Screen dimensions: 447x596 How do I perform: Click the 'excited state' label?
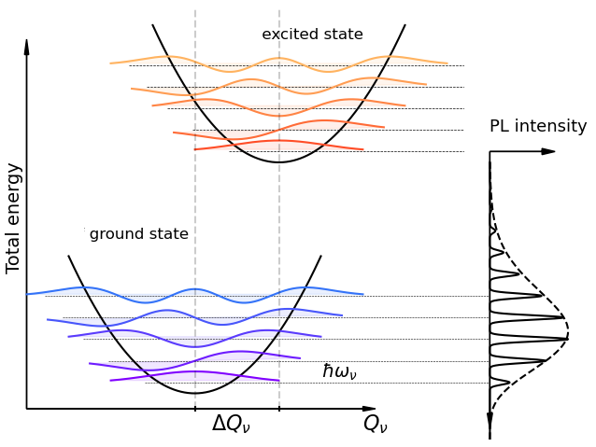tap(312, 35)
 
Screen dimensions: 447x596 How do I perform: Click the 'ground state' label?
tap(139, 234)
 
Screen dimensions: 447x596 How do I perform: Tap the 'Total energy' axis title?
tap(13, 217)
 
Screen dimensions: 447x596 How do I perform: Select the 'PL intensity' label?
tap(538, 127)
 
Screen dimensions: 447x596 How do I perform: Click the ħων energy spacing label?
tap(339, 371)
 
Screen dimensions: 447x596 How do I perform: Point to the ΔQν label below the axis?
tap(231, 424)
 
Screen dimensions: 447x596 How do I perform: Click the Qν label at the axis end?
tap(375, 424)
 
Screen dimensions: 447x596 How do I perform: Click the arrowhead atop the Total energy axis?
tap(26, 47)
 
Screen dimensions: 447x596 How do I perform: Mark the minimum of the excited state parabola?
tap(278, 162)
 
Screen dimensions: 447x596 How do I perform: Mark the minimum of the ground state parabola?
tap(194, 393)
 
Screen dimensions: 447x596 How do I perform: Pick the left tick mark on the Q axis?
tap(195, 409)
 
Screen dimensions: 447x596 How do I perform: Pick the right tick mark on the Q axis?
tap(279, 409)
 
